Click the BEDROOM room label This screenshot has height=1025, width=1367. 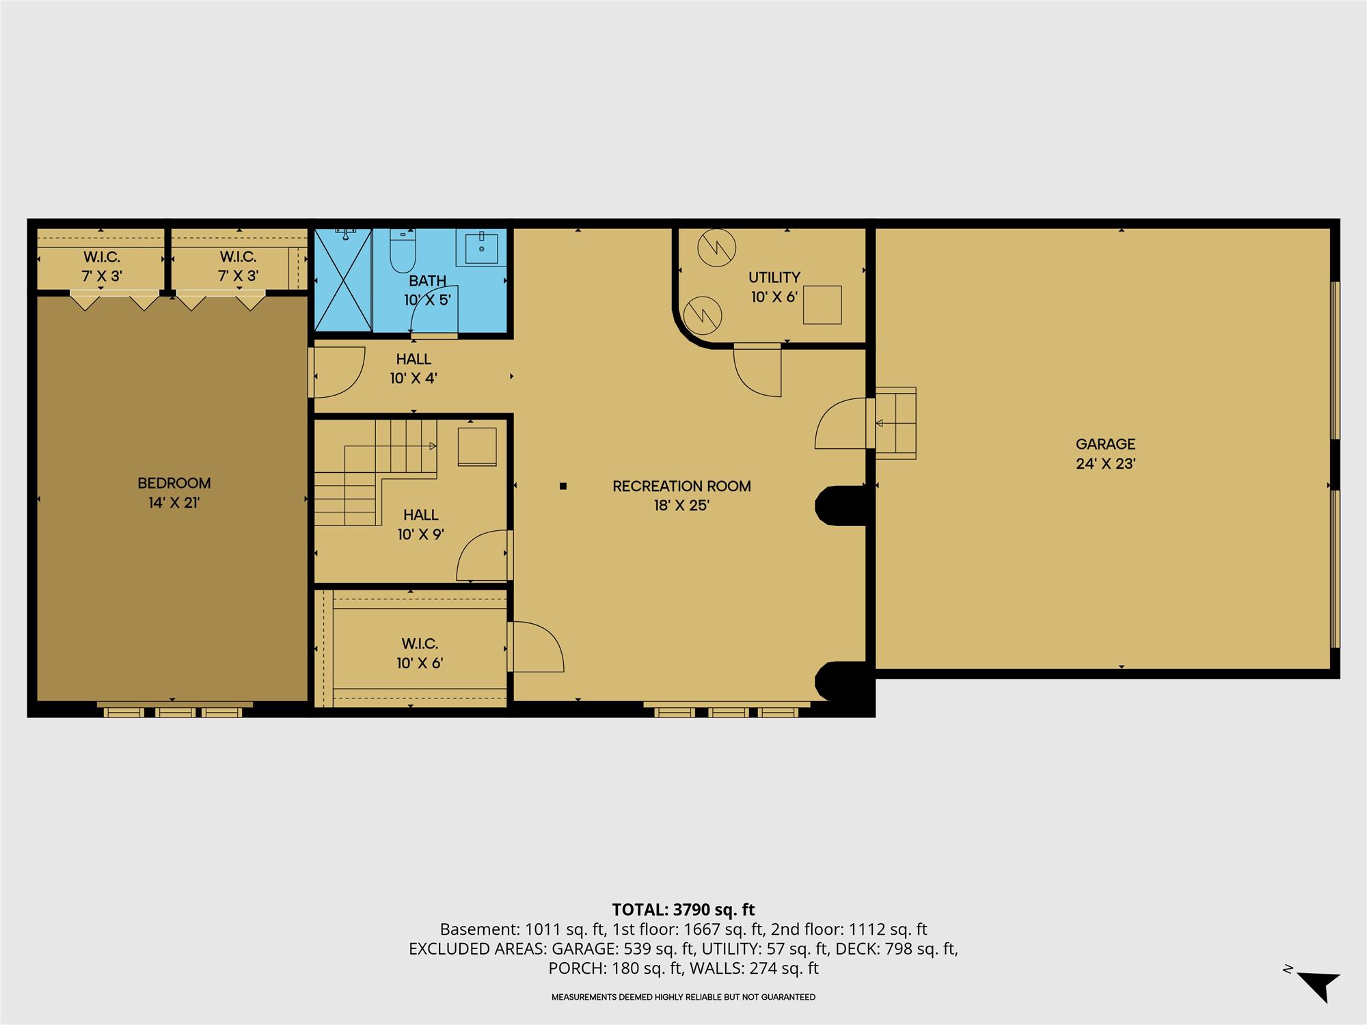tap(174, 483)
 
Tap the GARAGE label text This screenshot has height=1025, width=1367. tap(1105, 444)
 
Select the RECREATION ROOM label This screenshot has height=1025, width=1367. tap(681, 487)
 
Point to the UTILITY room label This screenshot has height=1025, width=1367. tap(774, 277)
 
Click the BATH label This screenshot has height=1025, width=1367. tap(428, 280)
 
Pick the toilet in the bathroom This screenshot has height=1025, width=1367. tap(402, 251)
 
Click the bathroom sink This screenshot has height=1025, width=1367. tap(486, 247)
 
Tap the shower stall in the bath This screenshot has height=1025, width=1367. tap(343, 279)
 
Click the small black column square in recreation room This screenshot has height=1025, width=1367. tap(563, 487)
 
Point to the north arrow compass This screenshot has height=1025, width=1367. tap(1318, 984)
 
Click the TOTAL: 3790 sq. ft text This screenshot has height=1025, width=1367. tap(683, 910)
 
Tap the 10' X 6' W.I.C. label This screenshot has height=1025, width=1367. tap(420, 644)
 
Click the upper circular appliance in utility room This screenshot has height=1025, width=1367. tap(717, 247)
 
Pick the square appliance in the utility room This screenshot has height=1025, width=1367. tap(822, 305)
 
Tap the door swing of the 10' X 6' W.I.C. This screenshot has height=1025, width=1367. tap(536, 646)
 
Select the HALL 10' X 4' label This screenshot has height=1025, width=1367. tap(414, 368)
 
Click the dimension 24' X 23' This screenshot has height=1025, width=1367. tap(1105, 464)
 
